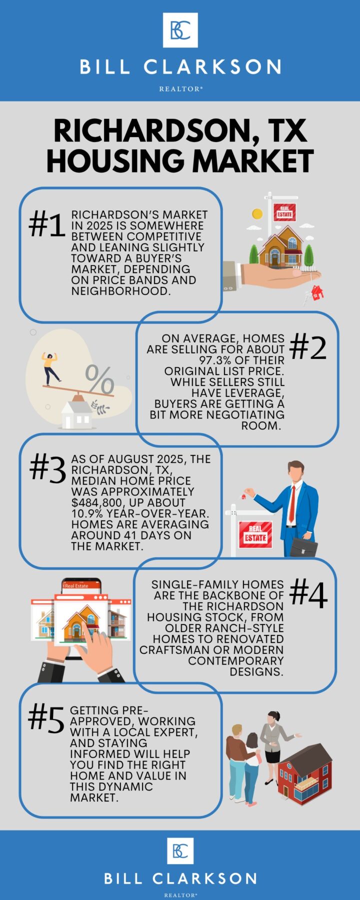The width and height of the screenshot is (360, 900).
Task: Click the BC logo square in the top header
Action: point(180,30)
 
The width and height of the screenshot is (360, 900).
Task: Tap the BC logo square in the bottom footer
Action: point(180,850)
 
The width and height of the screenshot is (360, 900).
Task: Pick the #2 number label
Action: point(308,347)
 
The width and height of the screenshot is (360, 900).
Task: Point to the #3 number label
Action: point(47,469)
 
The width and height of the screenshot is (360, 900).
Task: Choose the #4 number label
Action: point(308,594)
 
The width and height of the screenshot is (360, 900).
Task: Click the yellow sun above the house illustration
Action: point(257,214)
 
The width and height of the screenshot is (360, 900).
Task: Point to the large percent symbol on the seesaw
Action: point(99,379)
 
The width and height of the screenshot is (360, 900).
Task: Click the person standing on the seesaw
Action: point(50,367)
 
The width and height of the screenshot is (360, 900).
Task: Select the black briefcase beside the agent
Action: point(303,546)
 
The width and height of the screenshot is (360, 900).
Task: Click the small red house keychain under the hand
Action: point(317,292)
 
